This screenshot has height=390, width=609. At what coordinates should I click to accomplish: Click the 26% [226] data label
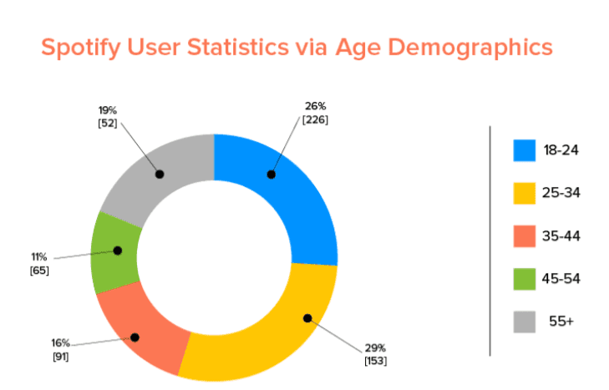click(315, 113)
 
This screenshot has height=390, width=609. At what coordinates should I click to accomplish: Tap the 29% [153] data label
click(375, 353)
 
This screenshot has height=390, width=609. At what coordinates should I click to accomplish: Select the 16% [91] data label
click(59, 350)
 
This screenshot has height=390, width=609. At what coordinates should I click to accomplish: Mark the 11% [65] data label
click(38, 264)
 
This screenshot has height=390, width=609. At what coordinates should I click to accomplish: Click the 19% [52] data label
click(106, 116)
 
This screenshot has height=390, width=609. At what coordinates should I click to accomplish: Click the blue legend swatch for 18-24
click(524, 150)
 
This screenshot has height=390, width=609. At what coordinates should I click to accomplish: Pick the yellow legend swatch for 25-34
click(524, 193)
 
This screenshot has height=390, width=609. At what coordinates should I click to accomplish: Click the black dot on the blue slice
click(271, 175)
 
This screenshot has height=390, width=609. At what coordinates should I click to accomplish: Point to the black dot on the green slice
click(117, 250)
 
